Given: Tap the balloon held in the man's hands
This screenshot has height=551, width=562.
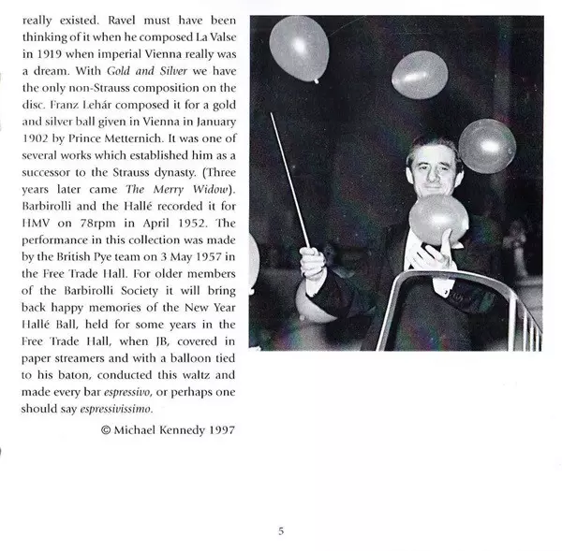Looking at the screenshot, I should point(438,218).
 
